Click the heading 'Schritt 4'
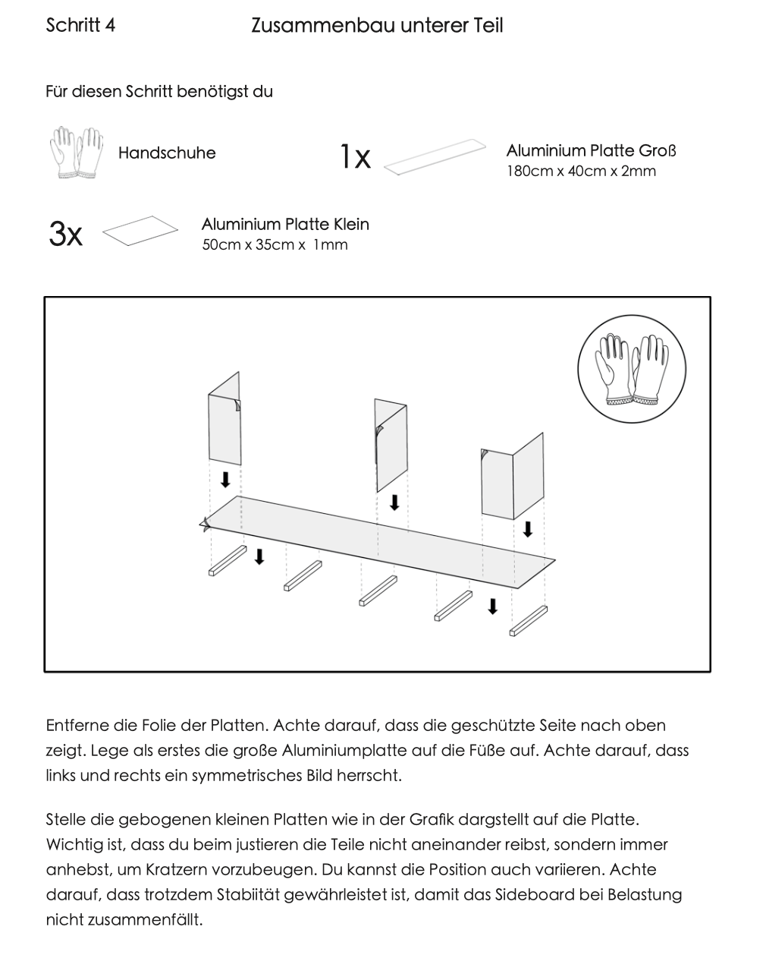click(80, 25)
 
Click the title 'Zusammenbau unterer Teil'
click(376, 26)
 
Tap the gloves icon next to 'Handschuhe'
click(76, 153)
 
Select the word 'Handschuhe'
click(167, 153)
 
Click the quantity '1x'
click(354, 157)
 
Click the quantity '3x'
click(65, 235)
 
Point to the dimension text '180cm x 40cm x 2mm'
click(581, 172)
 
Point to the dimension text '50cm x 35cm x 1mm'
click(275, 245)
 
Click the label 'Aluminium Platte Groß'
click(591, 150)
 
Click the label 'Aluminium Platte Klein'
click(285, 225)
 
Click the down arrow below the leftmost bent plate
click(225, 480)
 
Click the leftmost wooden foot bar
click(228, 560)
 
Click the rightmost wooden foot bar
click(529, 620)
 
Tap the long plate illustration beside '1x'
click(435, 157)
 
